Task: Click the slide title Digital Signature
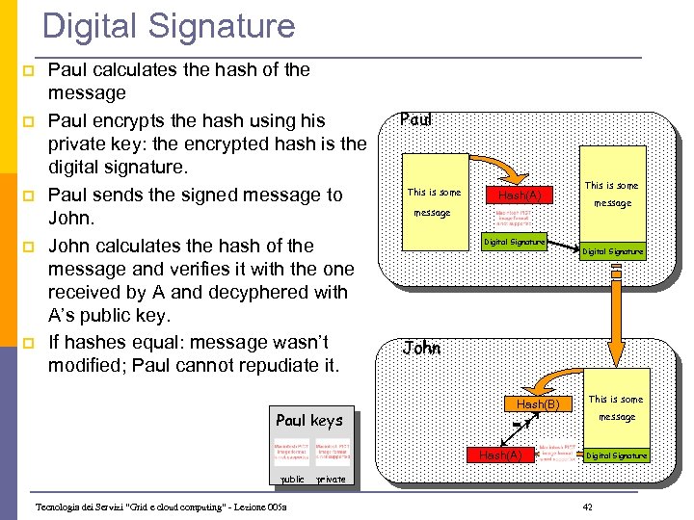pos(169,26)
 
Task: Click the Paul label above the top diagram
pos(415,120)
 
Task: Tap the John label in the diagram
pos(421,348)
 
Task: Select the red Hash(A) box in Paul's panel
pos(520,195)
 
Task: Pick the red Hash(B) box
pos(538,404)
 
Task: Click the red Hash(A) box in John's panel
pos(500,455)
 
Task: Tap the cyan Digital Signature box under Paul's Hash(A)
pos(514,242)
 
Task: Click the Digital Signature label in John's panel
pos(617,455)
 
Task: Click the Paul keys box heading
pos(308,420)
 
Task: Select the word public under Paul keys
pos(291,479)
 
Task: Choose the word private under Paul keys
pos(331,479)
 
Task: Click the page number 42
pos(588,507)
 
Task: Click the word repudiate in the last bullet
pos(263,365)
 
